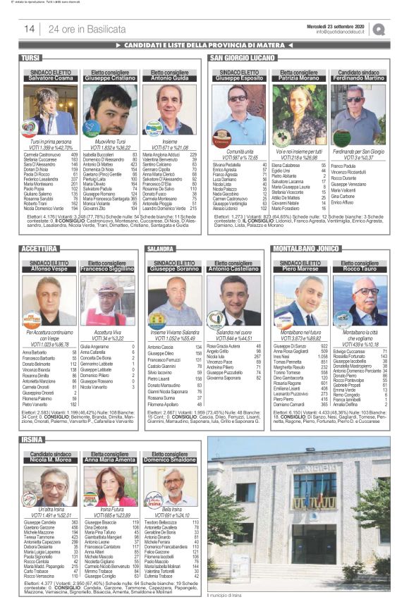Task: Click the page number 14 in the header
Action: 30,29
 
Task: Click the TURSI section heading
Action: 32,57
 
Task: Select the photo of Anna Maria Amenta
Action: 109,486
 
